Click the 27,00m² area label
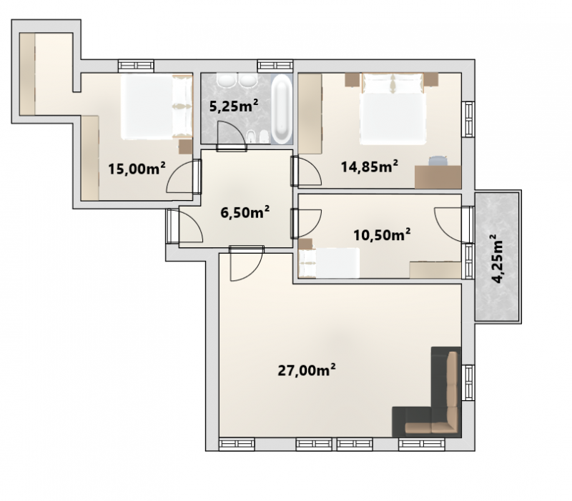pyautogui.click(x=307, y=369)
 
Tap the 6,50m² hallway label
pyautogui.click(x=245, y=212)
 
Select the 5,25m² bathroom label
pyautogui.click(x=234, y=106)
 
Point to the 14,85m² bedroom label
pyautogui.click(x=369, y=167)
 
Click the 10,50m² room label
pyautogui.click(x=382, y=234)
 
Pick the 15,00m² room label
pyautogui.click(x=137, y=169)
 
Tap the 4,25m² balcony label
pyautogui.click(x=498, y=259)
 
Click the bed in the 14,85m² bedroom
pyautogui.click(x=393, y=109)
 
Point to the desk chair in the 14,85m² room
pyautogui.click(x=438, y=161)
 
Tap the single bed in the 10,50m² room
pyautogui.click(x=329, y=262)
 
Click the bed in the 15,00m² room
pyautogui.click(x=157, y=106)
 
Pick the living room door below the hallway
pyautogui.click(x=246, y=263)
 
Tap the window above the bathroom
pyautogui.click(x=275, y=66)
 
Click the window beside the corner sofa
pyautogui.click(x=468, y=382)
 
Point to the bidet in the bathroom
pyautogui.click(x=252, y=137)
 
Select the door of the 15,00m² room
pyautogui.click(x=183, y=177)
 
